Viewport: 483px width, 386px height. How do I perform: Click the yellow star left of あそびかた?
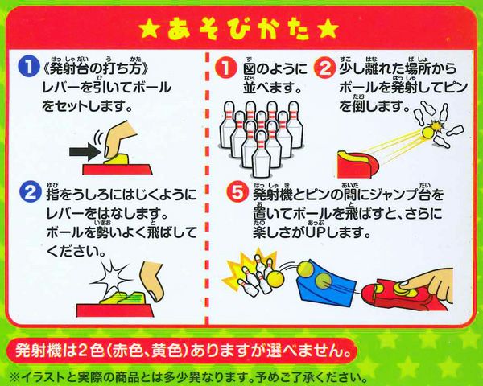coord(151,30)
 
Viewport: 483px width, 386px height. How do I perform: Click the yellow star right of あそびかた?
coord(328,30)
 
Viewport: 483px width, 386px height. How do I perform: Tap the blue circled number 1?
coord(29,67)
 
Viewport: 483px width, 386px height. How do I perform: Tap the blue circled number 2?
coord(31,193)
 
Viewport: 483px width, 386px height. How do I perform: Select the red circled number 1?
coord(225,68)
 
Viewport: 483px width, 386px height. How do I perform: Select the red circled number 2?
coord(325,68)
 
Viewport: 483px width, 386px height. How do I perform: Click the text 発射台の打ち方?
coord(96,68)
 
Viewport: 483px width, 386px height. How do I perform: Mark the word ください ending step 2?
coord(76,252)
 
